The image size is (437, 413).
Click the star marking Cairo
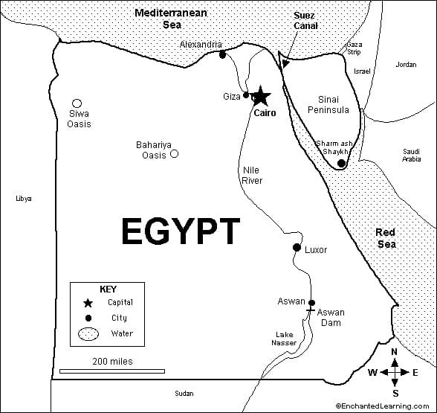261,97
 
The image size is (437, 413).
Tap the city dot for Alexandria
221,54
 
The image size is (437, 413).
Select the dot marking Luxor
297,247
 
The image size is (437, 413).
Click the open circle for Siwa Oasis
77,103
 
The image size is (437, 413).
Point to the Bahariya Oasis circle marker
174,154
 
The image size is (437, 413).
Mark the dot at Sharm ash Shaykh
341,163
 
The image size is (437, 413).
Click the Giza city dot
247,95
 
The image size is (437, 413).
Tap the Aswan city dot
311,302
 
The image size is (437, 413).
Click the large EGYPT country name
181,231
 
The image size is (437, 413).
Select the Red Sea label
386,238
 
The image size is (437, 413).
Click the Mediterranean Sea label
172,19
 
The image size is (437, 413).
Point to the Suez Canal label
305,20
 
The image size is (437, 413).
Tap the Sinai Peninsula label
328,104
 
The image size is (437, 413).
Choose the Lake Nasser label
283,339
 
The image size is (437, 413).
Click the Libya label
24,198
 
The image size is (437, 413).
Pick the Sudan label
184,393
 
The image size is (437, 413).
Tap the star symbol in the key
88,303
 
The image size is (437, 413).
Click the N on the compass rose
395,352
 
